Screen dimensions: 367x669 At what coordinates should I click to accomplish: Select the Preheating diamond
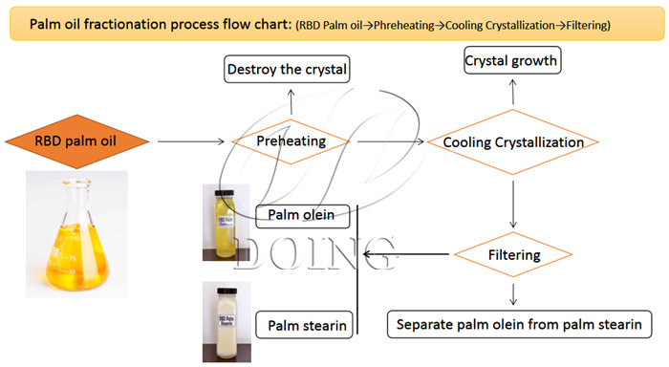point(290,141)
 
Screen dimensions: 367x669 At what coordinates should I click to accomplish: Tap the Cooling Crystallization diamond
point(514,142)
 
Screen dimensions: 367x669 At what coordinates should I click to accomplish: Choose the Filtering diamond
point(514,255)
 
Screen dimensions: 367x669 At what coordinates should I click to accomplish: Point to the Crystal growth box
point(511,62)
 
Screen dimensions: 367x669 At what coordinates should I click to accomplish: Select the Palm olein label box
point(301,215)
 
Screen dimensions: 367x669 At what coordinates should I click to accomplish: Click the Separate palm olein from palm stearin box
point(520,322)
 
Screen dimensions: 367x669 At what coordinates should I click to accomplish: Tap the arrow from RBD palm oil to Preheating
point(191,142)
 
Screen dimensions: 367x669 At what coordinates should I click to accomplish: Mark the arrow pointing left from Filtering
point(406,255)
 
